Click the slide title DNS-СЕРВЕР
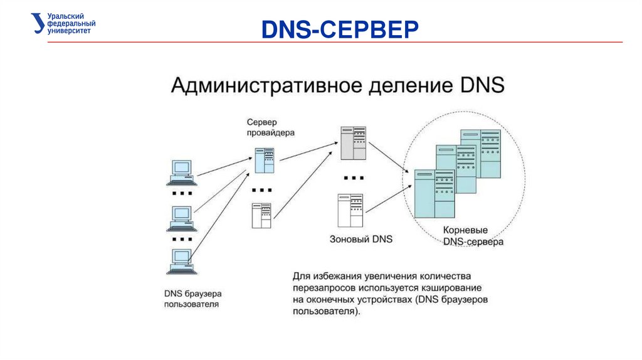[x=339, y=29]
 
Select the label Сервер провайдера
[x=270, y=127]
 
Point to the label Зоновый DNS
[x=362, y=239]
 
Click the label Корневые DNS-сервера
[x=473, y=236]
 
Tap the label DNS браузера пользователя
[x=192, y=299]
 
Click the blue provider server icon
[x=264, y=161]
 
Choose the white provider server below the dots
[x=261, y=215]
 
